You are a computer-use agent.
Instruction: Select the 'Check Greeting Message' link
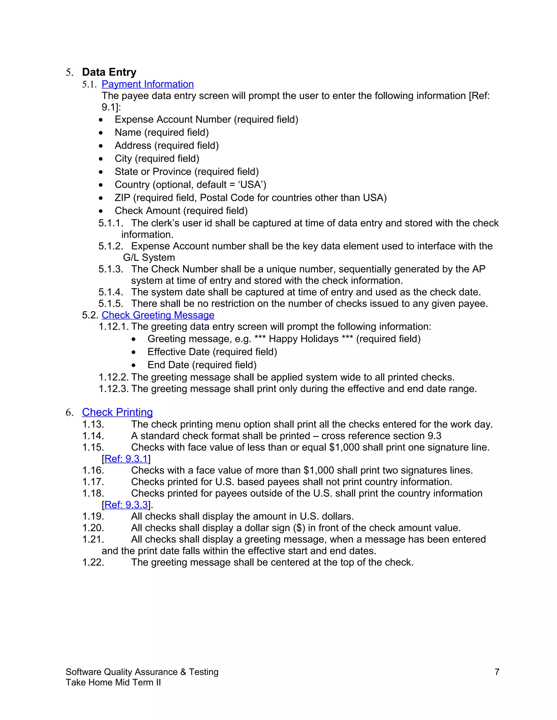click(x=158, y=315)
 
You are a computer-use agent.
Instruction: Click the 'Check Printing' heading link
click(x=117, y=412)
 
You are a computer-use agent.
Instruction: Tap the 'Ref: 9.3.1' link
click(x=126, y=459)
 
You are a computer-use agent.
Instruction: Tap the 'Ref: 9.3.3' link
click(x=126, y=505)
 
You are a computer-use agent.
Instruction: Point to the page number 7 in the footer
click(x=497, y=672)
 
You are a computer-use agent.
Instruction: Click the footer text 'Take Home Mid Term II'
click(x=113, y=683)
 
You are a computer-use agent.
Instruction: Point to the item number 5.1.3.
click(x=110, y=269)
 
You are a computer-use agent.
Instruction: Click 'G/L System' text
click(x=149, y=258)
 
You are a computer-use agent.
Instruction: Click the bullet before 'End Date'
click(x=134, y=365)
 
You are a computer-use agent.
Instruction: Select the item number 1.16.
click(x=93, y=470)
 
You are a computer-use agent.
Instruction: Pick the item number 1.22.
click(x=93, y=562)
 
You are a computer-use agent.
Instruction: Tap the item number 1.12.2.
click(x=113, y=377)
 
